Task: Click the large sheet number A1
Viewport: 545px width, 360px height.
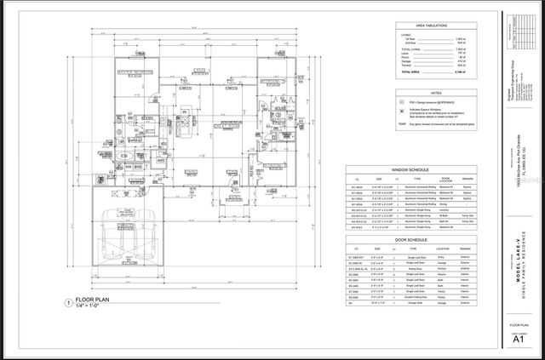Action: point(517,339)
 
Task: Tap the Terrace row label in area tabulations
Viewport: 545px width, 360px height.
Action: point(406,67)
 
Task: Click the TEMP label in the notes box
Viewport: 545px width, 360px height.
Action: point(403,123)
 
